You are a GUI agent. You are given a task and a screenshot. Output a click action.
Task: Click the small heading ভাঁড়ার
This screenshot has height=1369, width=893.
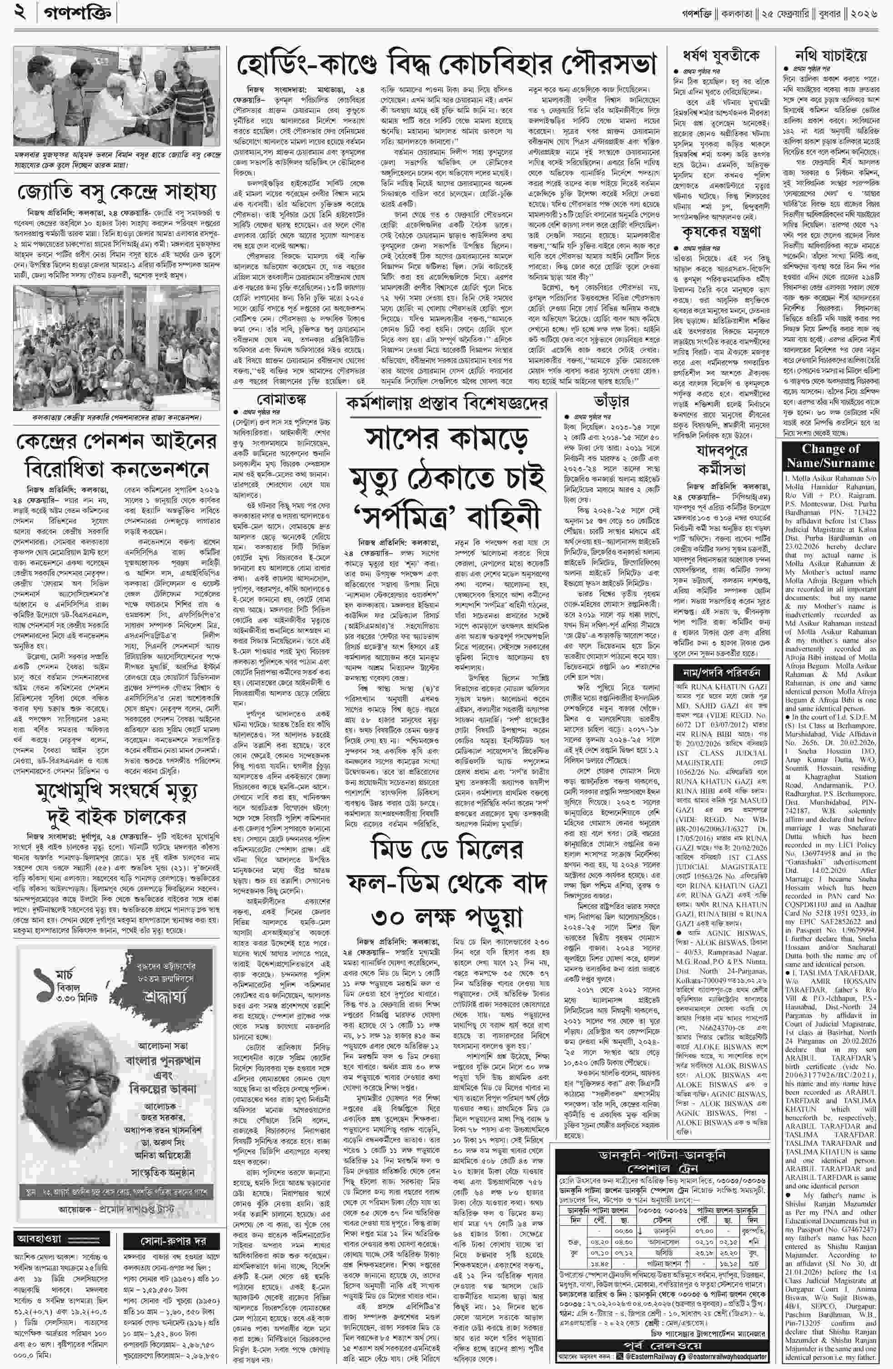point(611,401)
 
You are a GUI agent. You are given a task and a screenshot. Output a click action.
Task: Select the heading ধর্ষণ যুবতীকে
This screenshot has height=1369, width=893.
point(721,56)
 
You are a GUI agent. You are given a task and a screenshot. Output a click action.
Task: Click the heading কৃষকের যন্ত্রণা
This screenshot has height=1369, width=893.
point(721,232)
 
